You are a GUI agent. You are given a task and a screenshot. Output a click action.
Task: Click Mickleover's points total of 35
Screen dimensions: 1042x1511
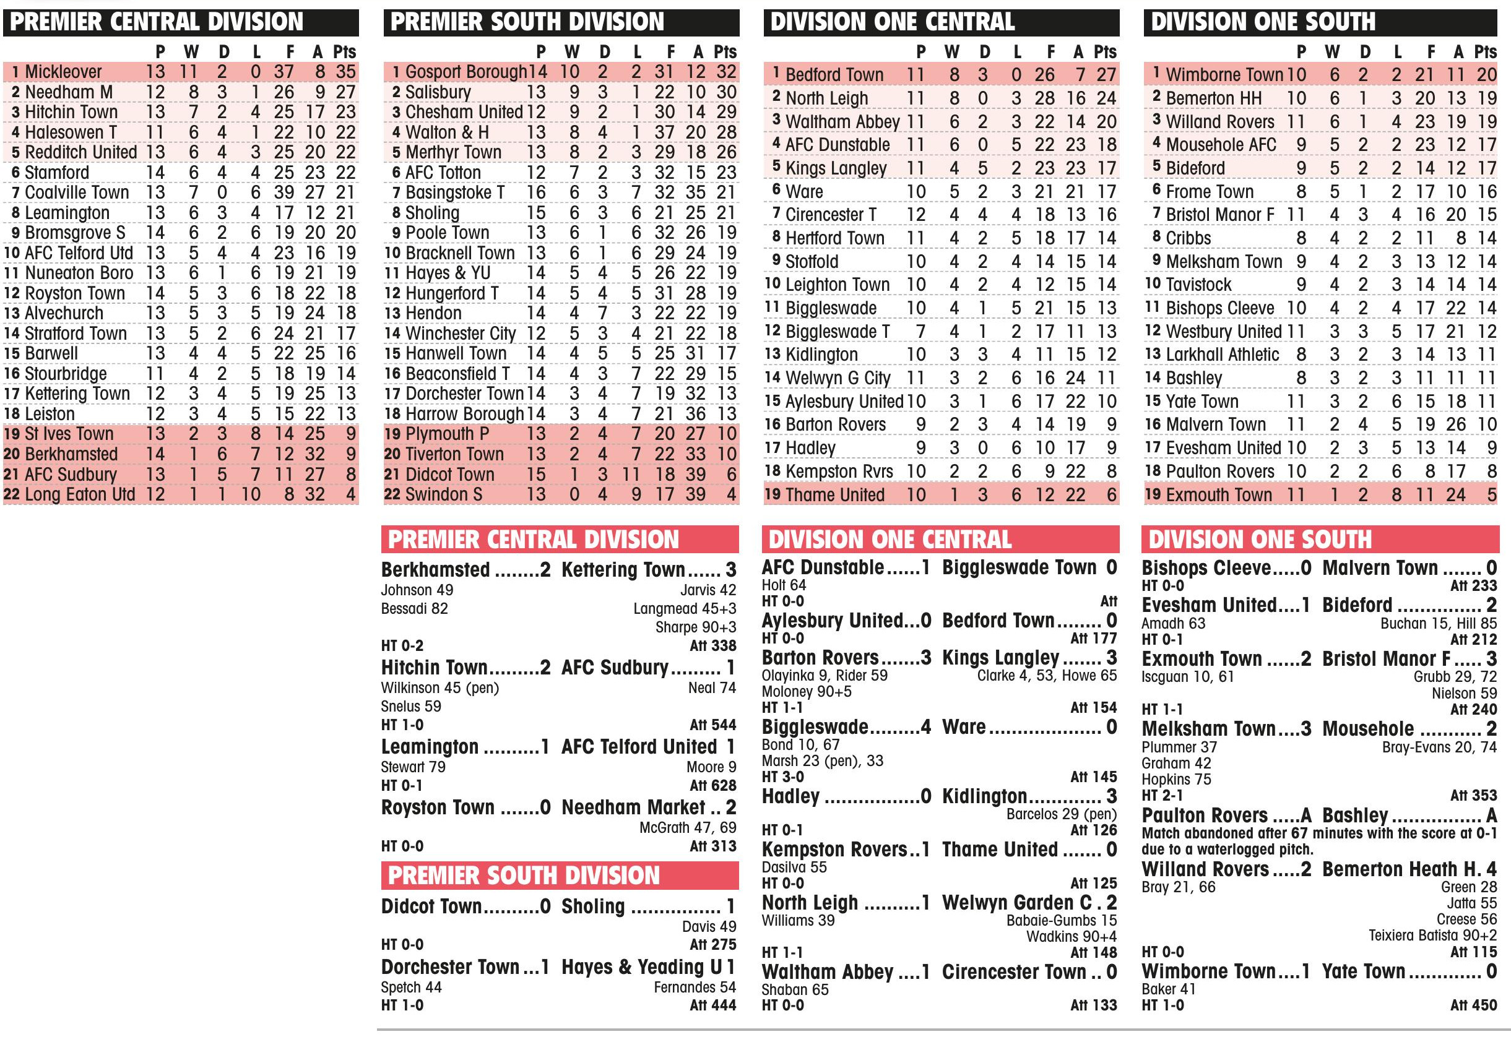click(x=344, y=72)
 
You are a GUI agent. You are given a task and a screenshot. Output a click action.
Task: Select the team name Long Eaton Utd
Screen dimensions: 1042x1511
click(x=80, y=494)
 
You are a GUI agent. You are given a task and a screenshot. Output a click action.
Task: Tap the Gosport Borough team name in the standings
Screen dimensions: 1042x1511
click(x=465, y=72)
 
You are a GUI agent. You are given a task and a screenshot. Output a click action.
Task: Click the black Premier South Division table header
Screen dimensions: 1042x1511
click(x=561, y=22)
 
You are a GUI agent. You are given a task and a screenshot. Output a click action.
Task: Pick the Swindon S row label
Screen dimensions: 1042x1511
click(x=443, y=494)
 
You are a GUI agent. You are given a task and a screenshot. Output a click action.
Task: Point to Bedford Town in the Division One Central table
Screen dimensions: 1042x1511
click(x=834, y=75)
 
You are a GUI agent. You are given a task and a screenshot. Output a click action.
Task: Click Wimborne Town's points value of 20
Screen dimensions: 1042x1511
click(x=1486, y=75)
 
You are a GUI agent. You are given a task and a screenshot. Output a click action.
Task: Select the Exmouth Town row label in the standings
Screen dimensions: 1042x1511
click(x=1218, y=495)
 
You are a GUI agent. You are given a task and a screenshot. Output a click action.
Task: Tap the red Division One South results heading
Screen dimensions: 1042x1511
click(x=1320, y=540)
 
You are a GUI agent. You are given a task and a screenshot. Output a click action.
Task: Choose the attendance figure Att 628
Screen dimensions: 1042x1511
click(x=712, y=785)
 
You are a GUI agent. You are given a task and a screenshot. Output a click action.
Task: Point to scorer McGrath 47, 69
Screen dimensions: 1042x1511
click(x=688, y=828)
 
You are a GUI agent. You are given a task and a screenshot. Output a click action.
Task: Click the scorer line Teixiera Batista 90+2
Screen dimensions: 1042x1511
click(x=1432, y=936)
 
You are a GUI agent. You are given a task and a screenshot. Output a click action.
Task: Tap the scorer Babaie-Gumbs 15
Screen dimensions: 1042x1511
click(x=1061, y=921)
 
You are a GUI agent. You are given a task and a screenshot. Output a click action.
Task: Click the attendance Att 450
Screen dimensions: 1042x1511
click(x=1473, y=1005)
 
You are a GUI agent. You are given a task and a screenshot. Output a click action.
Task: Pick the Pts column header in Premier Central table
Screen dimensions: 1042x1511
click(x=344, y=51)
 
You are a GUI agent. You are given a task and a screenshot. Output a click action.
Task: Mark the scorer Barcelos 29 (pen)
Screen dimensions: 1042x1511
click(x=1061, y=814)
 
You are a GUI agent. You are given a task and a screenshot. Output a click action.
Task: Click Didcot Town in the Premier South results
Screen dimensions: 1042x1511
click(x=431, y=906)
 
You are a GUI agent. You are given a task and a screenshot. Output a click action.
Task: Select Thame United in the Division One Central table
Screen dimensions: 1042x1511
click(x=834, y=495)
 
